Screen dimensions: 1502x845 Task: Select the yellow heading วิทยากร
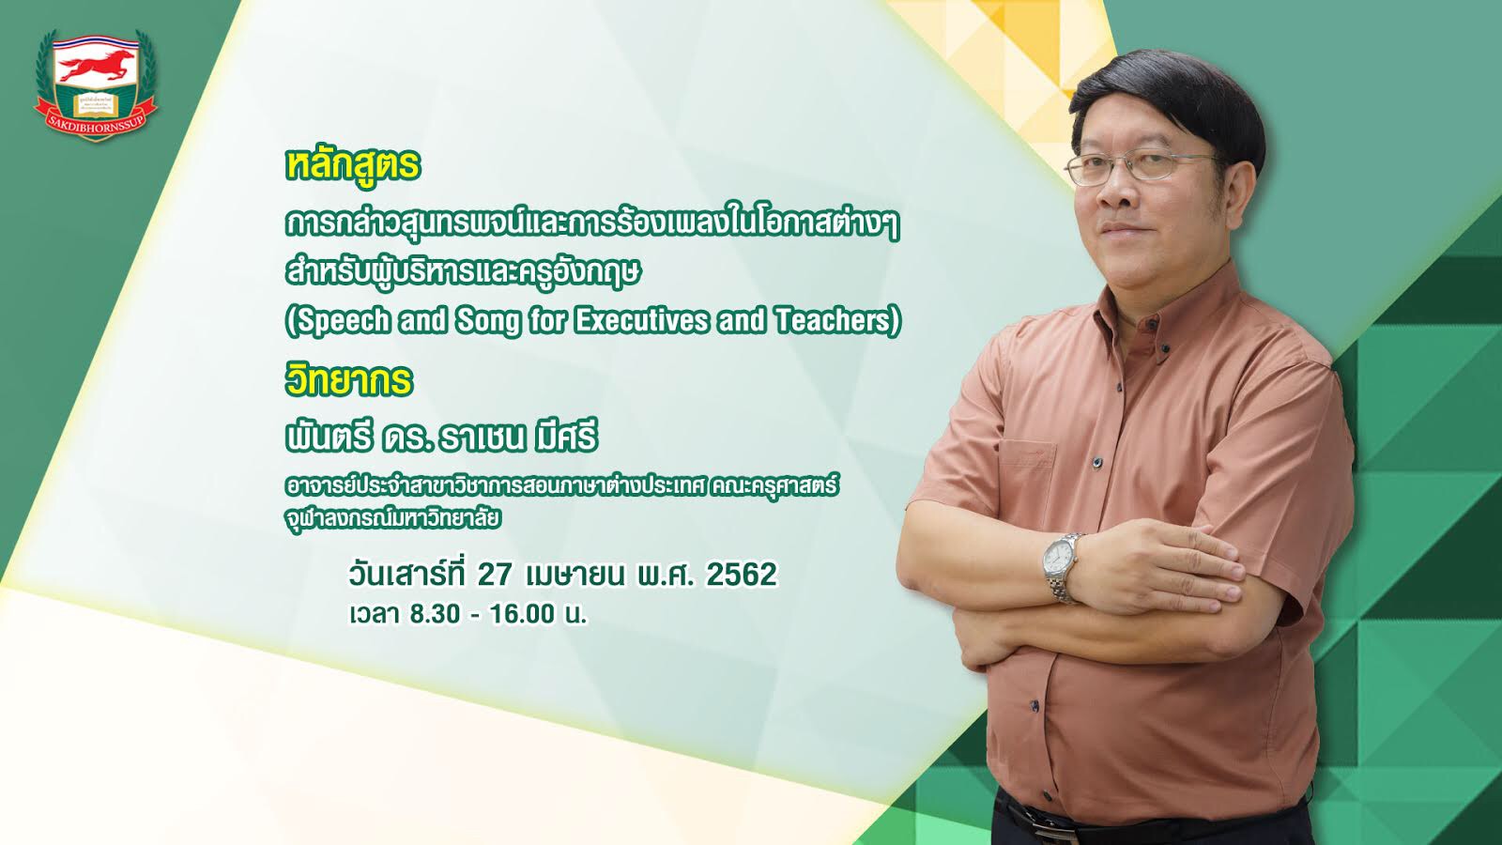[348, 379]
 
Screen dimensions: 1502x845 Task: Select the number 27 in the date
[495, 574]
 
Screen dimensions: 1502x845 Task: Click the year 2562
[742, 574]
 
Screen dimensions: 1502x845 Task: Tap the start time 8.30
[435, 614]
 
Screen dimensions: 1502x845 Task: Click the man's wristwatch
[1061, 567]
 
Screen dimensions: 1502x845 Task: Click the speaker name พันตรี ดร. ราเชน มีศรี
[440, 438]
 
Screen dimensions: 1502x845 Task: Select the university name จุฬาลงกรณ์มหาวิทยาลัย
[393, 518]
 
